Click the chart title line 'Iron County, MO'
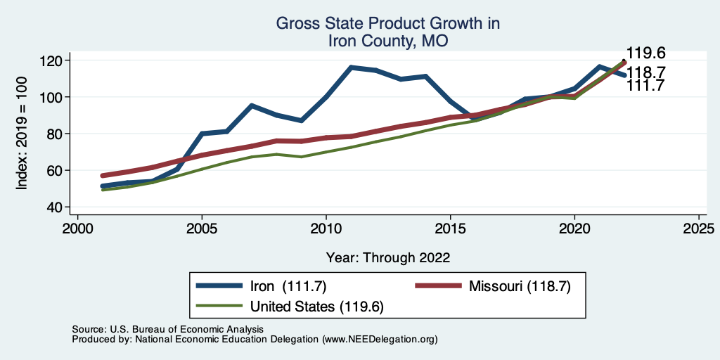(388, 41)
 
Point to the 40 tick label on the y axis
(59, 207)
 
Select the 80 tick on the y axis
(59, 134)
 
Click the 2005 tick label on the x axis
(202, 229)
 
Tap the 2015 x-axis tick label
(450, 229)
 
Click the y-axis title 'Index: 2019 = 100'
(22, 134)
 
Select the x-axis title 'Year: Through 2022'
(388, 257)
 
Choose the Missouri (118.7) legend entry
(516, 286)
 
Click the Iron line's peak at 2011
(351, 67)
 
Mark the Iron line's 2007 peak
(252, 105)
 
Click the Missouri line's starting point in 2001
(103, 175)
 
